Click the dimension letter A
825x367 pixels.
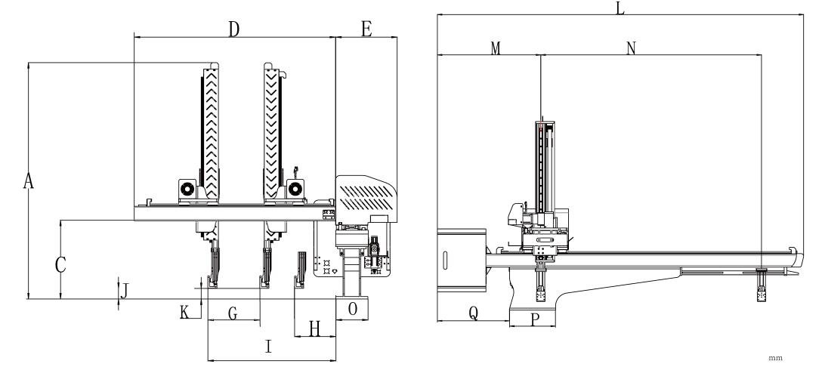[x=29, y=181]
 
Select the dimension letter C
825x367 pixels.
[x=60, y=265]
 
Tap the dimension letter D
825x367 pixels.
[x=234, y=29]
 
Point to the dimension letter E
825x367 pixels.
[x=366, y=29]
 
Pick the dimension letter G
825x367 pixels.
[x=233, y=314]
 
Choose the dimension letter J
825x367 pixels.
[x=126, y=288]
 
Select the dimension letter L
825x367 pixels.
[x=620, y=8]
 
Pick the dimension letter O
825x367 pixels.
[x=352, y=309]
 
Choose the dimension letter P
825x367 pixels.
[x=535, y=320]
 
